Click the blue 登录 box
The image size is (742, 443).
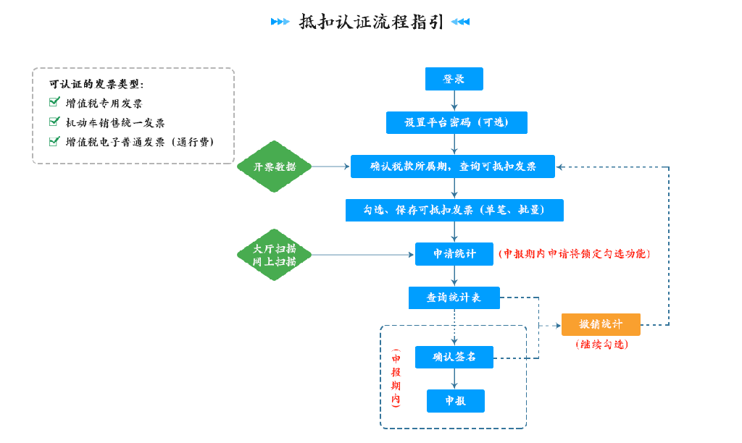point(454,79)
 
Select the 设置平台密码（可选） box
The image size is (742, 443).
point(457,122)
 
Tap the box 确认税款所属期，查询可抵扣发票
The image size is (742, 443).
point(452,166)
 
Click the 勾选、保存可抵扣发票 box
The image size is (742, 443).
point(454,210)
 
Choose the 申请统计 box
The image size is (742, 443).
point(454,254)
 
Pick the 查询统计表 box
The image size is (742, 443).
point(454,298)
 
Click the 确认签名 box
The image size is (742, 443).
point(454,357)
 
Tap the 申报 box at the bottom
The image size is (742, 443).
point(456,401)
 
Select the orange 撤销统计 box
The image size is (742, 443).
point(601,324)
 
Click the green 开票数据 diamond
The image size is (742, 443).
point(275,166)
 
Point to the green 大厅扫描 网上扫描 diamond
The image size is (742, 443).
point(275,255)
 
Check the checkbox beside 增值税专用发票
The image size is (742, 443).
point(54,102)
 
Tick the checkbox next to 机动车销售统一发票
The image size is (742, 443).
point(54,122)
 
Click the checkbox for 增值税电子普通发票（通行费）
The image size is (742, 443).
point(54,141)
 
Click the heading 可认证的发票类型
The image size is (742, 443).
point(96,84)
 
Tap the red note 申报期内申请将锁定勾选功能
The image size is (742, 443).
point(575,254)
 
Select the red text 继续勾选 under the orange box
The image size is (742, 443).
point(602,344)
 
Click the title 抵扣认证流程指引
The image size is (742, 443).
point(371,22)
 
